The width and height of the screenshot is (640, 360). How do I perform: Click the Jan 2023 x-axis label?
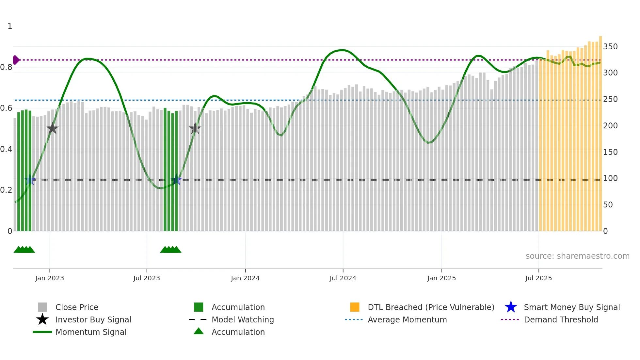50,278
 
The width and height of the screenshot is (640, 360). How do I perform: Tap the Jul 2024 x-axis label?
343,278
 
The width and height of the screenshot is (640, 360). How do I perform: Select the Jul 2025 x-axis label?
538,278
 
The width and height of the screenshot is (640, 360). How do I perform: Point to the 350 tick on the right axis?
610,47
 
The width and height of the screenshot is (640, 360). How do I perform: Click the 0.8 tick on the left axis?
6,67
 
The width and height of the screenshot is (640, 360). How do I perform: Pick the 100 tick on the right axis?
610,178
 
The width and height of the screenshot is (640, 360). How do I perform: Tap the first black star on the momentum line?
52,128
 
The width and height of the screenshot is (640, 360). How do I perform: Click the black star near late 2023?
195,129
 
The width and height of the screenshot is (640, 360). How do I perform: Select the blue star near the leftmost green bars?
30,180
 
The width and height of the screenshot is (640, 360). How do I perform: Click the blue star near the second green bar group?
176,180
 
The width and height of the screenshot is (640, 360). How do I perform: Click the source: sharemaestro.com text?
577,256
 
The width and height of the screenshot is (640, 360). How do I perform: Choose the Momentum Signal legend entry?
91,332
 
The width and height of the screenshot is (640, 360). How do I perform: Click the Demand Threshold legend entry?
561,319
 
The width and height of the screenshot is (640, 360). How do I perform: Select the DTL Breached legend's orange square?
355,307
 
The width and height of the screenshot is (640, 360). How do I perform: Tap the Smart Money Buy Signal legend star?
511,307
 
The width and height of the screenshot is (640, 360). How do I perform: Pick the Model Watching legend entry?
243,319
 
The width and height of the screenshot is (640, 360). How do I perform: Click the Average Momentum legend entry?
407,319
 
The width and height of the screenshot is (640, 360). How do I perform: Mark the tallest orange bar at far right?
600,131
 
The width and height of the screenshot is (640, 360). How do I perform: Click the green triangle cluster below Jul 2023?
170,250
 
